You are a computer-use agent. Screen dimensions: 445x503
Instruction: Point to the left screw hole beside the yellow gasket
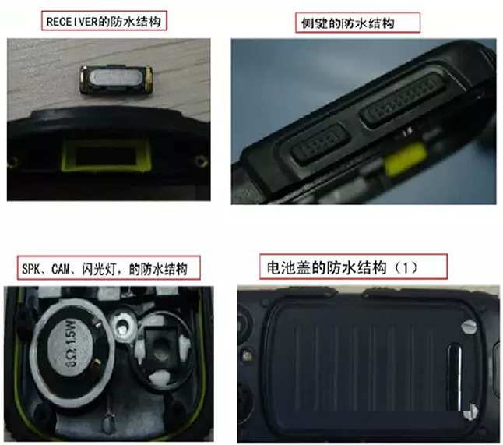click(13, 161)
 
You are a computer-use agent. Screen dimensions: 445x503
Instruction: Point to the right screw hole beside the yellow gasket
click(202, 160)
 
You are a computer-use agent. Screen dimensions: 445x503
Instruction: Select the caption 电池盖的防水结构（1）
click(339, 267)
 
